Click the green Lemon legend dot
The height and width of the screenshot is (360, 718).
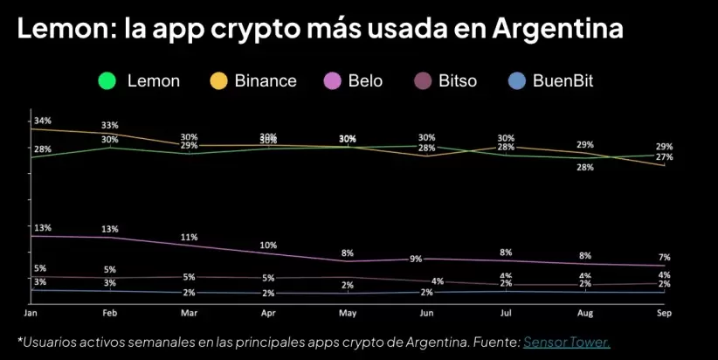pyautogui.click(x=107, y=81)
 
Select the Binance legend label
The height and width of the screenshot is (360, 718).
pyautogui.click(x=265, y=81)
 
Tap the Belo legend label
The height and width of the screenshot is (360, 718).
pyautogui.click(x=365, y=81)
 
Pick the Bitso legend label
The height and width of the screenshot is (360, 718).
pyautogui.click(x=459, y=81)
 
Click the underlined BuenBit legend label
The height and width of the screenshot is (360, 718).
pyautogui.click(x=563, y=81)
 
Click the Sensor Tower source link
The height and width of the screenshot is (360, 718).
pyautogui.click(x=567, y=342)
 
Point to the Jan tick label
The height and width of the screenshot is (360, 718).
pyautogui.click(x=31, y=313)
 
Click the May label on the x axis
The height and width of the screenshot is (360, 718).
pyautogui.click(x=348, y=313)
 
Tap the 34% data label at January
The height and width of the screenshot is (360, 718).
pyautogui.click(x=43, y=121)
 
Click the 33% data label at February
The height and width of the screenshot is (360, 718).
pyautogui.click(x=110, y=126)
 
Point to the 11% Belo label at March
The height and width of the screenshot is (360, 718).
pyautogui.click(x=190, y=237)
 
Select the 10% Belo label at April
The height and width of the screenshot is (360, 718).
pyautogui.click(x=269, y=246)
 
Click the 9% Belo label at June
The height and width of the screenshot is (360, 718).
pyautogui.click(x=416, y=259)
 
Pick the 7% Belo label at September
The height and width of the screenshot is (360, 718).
pyautogui.click(x=665, y=258)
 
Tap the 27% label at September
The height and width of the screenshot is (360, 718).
pyautogui.click(x=665, y=157)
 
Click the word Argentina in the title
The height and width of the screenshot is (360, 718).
pyautogui.click(x=557, y=28)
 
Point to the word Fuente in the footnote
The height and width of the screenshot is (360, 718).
pyautogui.click(x=497, y=342)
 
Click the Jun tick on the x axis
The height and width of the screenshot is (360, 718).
pyautogui.click(x=427, y=313)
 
